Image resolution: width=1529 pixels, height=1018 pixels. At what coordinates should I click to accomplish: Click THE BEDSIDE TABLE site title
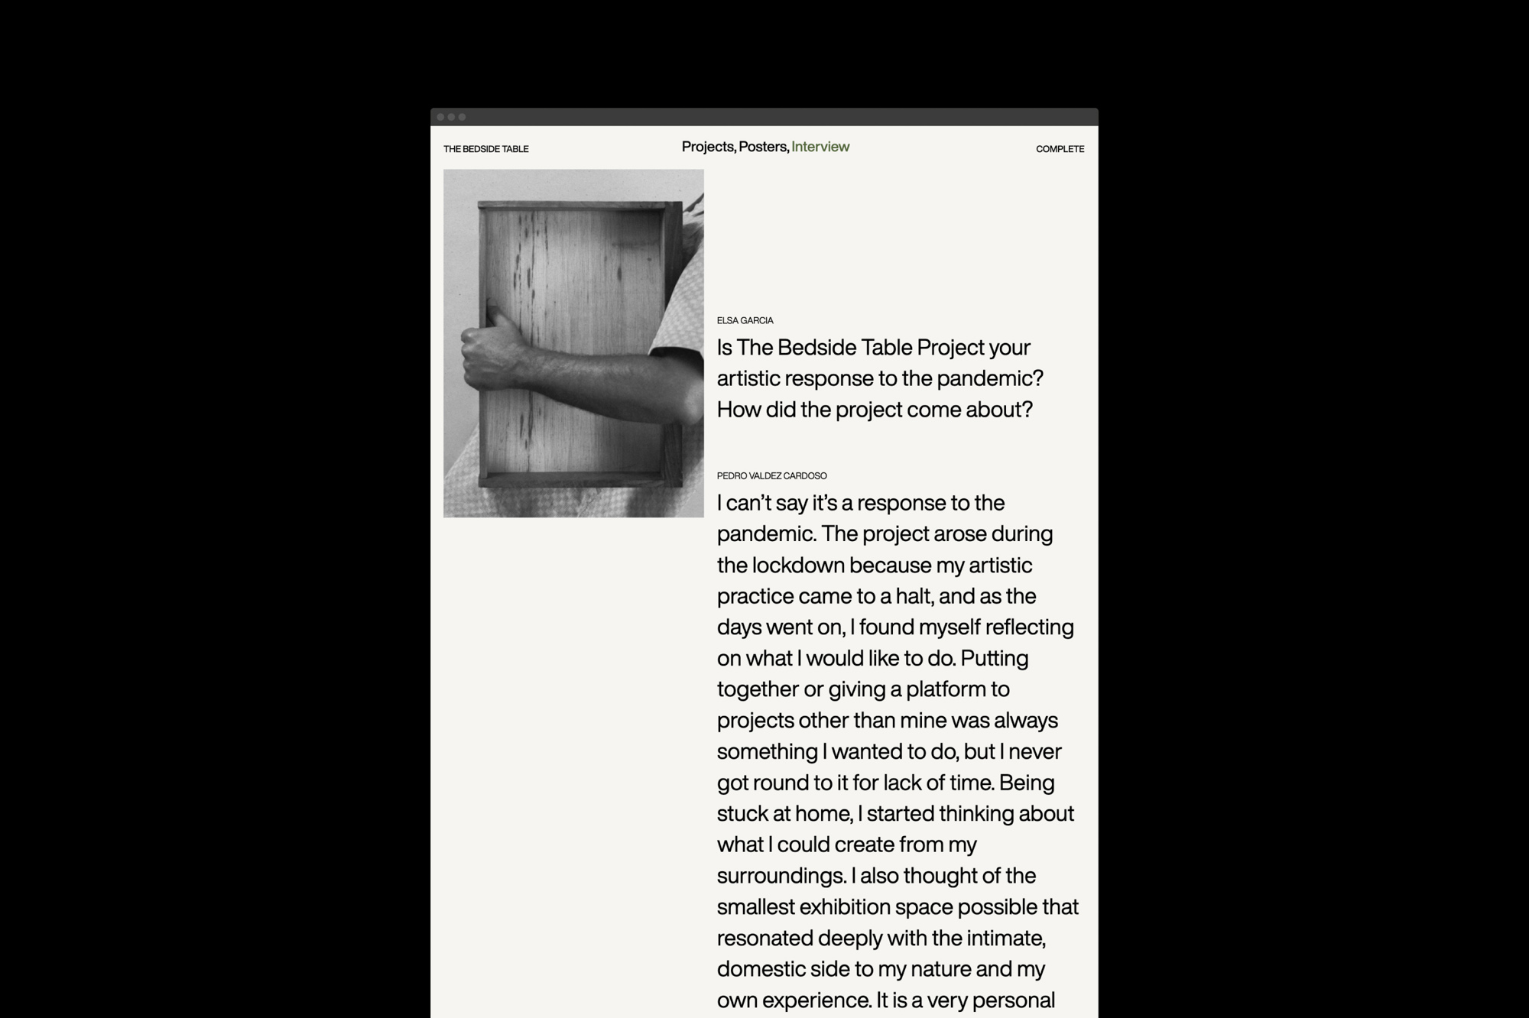click(x=485, y=149)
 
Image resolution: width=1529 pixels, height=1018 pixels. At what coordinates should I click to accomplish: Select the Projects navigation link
click(x=707, y=147)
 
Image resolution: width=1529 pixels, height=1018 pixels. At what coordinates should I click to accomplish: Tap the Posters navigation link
click(x=762, y=147)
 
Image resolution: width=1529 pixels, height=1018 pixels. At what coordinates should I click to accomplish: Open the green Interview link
click(x=820, y=147)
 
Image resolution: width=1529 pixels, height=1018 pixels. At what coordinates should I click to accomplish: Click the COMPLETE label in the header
click(x=1060, y=149)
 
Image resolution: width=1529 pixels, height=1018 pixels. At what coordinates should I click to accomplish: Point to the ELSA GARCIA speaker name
click(x=745, y=320)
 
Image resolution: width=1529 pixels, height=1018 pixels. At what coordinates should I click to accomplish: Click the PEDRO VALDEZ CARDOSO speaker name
click(x=771, y=475)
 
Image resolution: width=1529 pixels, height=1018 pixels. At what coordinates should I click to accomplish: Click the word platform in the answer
click(x=946, y=689)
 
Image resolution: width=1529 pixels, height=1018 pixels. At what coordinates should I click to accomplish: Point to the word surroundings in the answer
click(x=781, y=876)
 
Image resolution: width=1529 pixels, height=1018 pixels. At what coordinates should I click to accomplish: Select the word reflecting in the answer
click(x=1029, y=627)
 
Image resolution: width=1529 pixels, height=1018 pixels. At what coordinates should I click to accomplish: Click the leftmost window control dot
click(x=441, y=117)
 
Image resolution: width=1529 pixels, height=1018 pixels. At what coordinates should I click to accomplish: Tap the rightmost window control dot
click(x=462, y=117)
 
